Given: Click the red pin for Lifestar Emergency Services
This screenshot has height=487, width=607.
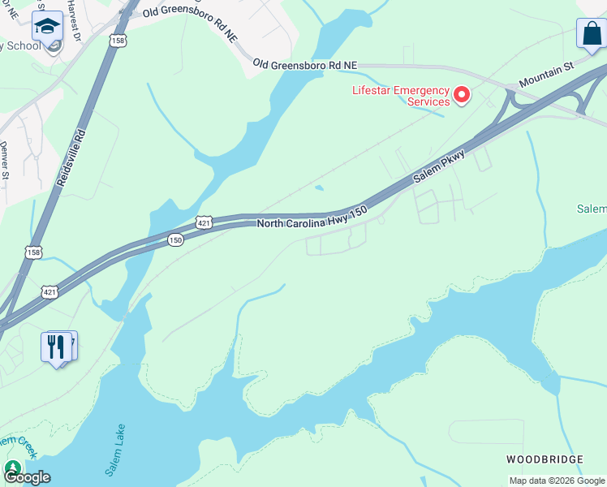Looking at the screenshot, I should coord(462,96).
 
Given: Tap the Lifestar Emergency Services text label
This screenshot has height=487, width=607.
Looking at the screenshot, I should coord(400,96).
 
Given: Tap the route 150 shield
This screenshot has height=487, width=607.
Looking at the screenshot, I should coord(175,240).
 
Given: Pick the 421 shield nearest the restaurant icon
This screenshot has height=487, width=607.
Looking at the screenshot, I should coord(50,291).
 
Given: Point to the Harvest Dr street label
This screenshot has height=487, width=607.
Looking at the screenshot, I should coord(75,21).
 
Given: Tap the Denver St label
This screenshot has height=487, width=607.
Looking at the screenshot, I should coord(4,160).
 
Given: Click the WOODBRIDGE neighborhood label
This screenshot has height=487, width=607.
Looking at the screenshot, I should coord(545,459).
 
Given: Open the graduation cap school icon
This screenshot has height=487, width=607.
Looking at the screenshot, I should coord(47,27).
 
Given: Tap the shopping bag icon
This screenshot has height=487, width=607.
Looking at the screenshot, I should coord(591,34).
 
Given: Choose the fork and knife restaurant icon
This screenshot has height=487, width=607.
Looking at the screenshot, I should coord(55,347).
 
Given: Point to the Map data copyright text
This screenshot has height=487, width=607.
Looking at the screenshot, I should coord(557,481).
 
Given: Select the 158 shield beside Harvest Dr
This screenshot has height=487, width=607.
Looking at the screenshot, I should coord(118,41).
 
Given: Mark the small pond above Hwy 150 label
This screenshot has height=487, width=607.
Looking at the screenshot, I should coord(319,188).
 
